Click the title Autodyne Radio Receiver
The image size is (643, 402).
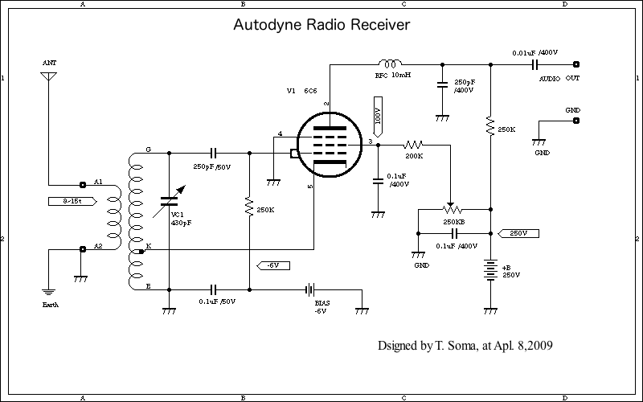coord(321,26)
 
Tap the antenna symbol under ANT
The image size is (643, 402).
coord(50,77)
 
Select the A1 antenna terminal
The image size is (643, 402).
coord(83,183)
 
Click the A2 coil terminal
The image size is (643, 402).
coord(83,249)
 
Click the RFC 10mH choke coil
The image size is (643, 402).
coord(391,63)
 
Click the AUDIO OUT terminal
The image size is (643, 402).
coord(575,64)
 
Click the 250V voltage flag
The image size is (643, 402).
coord(518,233)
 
